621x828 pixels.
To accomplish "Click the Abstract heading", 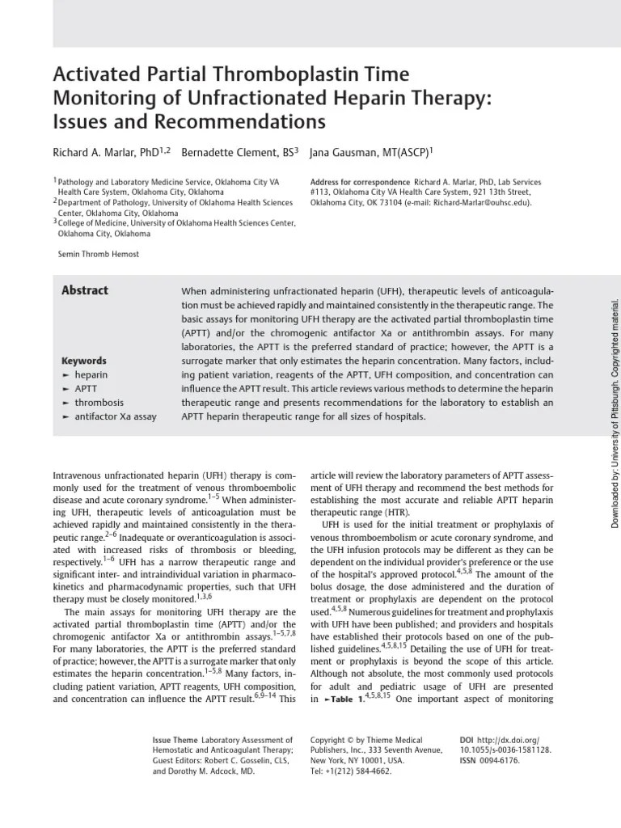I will point(85,291).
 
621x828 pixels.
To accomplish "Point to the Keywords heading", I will point(84,361).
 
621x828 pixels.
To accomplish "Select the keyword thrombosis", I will point(99,402).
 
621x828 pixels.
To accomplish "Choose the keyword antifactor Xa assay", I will point(116,416).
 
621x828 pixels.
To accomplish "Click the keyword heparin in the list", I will point(91,375).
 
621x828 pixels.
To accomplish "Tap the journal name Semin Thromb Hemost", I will point(99,254).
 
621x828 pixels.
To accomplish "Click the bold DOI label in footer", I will point(467,740).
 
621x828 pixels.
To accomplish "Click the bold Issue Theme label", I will point(175,740).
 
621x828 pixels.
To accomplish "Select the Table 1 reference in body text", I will point(338,699).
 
